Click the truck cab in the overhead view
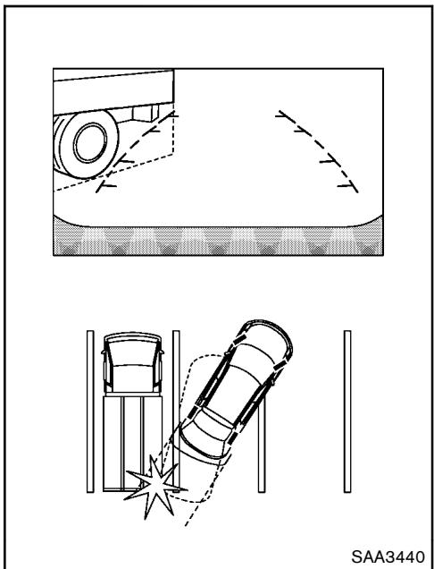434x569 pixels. (130, 363)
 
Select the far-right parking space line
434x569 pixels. (346, 412)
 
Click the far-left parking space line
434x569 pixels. (89, 412)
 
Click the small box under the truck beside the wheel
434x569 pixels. (141, 115)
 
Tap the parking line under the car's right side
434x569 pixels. (261, 456)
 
